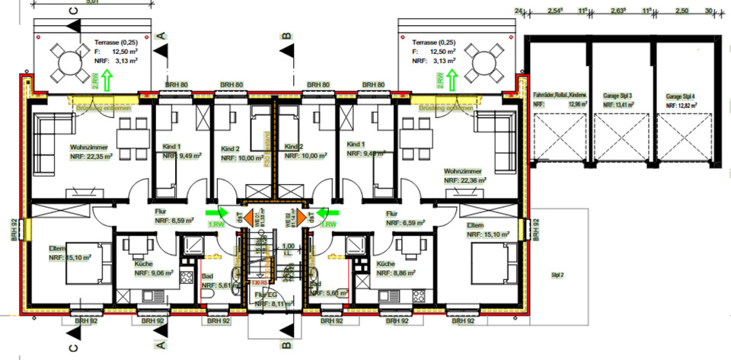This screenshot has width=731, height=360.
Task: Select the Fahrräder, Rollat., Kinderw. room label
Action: [x=560, y=95]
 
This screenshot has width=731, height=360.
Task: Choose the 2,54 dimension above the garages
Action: [x=554, y=11]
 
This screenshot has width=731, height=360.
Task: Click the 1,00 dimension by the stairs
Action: [x=288, y=246]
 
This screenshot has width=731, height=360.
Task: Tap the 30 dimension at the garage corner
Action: [x=710, y=11]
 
